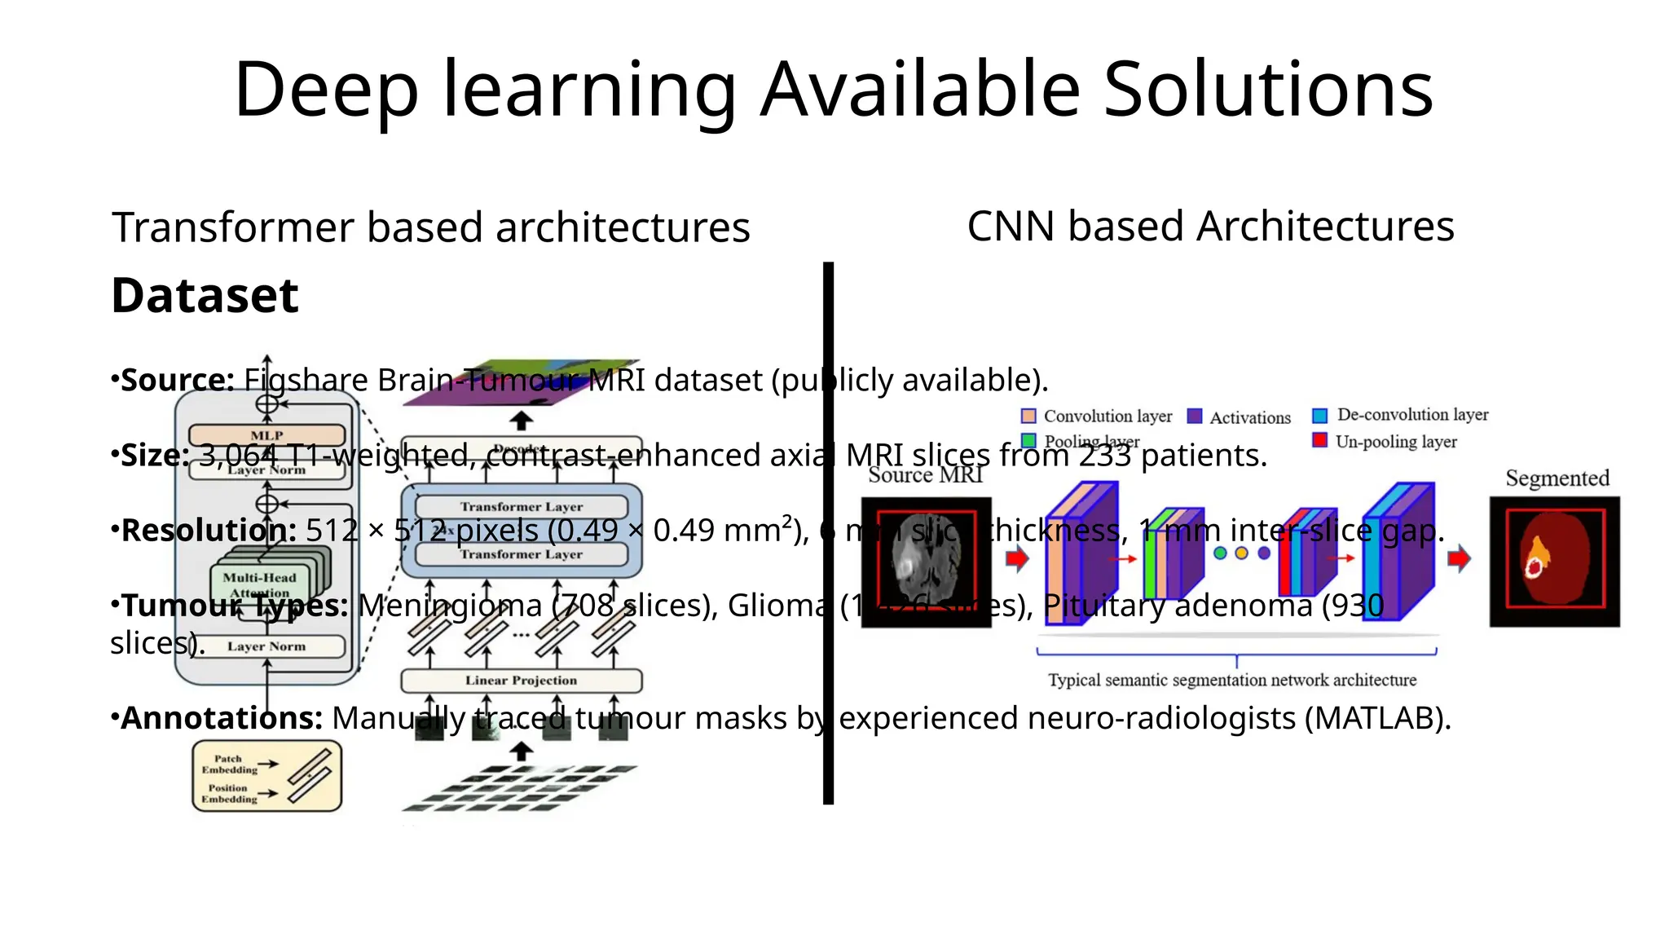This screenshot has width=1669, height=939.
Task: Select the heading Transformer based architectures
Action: tap(430, 227)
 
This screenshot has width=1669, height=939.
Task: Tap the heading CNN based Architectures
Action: tap(1210, 226)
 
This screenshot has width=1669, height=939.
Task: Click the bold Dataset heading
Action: tap(205, 295)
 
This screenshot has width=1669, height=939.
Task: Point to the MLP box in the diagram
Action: tap(266, 434)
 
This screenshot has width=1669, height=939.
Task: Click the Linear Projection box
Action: tap(521, 680)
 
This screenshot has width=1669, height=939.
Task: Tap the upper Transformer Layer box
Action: tap(521, 506)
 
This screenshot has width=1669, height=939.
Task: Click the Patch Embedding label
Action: tap(228, 764)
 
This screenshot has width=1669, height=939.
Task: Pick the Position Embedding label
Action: tap(228, 793)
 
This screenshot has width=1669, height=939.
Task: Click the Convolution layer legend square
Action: tap(1028, 416)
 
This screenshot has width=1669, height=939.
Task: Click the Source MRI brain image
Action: tap(926, 562)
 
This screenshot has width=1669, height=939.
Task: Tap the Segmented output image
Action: tap(1554, 562)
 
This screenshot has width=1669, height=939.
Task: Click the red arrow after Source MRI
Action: tap(1017, 558)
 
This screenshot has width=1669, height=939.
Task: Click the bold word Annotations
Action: tap(222, 718)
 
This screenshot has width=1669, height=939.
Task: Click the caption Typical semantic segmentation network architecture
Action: tap(1231, 680)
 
